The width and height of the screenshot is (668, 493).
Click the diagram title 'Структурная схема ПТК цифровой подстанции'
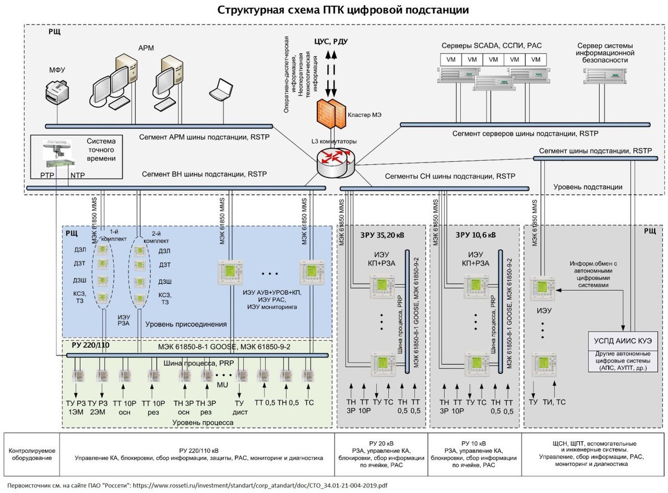pos(343,10)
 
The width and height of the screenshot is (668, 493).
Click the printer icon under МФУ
pos(57,91)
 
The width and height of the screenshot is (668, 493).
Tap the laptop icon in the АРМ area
pos(222,90)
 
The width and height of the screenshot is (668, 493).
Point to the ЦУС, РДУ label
pos(331,41)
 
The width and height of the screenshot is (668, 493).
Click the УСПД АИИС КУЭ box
pos(623,341)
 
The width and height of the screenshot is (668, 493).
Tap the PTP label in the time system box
pos(47,175)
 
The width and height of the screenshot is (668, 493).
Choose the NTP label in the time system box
pos(77,175)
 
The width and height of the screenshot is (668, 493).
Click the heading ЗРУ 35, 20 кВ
pos(382,235)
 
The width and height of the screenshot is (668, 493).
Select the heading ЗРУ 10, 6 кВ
pos(475,235)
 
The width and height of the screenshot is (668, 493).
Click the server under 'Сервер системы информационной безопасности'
pos(605,76)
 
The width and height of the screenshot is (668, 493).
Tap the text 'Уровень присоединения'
pos(186,324)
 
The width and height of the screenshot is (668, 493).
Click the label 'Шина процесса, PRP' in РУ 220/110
pos(199,363)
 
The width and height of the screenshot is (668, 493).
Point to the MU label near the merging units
pos(222,385)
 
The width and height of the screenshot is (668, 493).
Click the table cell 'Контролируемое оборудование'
pos(32,454)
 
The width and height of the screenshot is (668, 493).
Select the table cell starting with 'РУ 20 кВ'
pos(381,454)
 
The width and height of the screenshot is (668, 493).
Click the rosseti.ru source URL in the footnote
pos(260,485)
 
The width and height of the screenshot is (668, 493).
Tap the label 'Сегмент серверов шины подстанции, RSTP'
pos(525,134)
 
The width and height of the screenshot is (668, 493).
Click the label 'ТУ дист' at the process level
pos(240,407)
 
